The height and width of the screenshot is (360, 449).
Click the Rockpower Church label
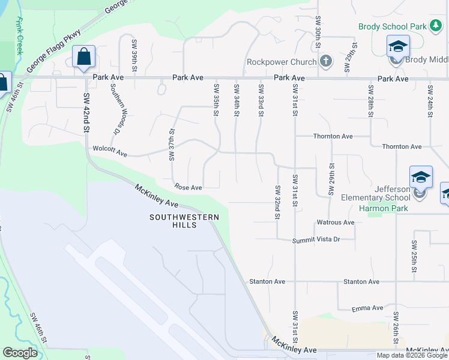point(281,62)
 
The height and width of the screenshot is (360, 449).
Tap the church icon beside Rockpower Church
point(325,61)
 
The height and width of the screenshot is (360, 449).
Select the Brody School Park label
point(392,26)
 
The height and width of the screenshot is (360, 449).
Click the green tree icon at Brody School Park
point(435,26)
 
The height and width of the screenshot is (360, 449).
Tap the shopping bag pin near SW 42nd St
point(84,57)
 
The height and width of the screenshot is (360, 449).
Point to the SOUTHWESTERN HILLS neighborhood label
point(181,221)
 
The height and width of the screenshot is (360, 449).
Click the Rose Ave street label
point(188,188)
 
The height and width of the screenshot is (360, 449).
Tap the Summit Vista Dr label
point(316,240)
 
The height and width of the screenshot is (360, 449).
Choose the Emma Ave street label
point(367,308)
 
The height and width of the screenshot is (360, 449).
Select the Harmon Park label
point(384,209)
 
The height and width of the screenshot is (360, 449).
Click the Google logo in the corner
point(20,353)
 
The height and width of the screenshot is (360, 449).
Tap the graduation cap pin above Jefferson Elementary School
point(421,178)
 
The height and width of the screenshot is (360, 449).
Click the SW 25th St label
point(414,257)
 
